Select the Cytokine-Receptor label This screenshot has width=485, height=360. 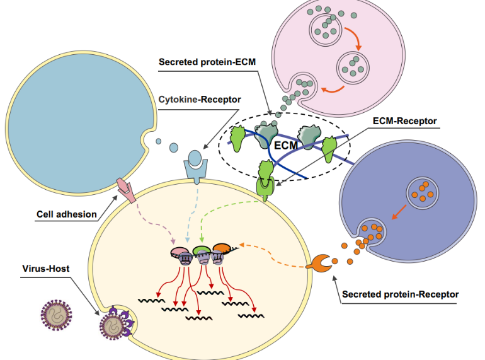[191, 98]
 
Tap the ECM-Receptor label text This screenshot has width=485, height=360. [403, 120]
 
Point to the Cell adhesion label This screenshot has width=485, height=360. [66, 214]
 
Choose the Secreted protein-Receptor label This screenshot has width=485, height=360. [400, 294]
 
